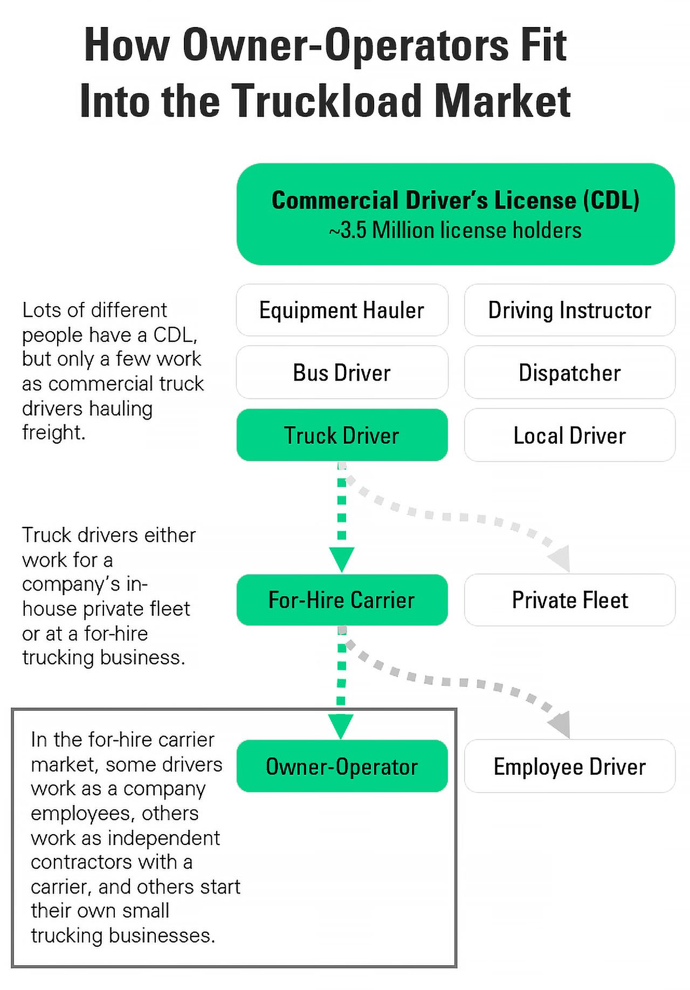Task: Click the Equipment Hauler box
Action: [342, 311]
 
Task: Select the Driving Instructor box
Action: [569, 311]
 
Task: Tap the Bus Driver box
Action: [342, 373]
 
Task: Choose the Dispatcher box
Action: [569, 373]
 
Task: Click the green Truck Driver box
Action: [342, 435]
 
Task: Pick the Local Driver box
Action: [569, 435]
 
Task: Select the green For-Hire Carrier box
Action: [342, 600]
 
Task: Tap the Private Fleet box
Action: [569, 600]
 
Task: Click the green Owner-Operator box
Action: [342, 766]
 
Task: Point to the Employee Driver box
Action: [569, 766]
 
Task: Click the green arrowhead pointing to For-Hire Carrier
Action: [342, 558]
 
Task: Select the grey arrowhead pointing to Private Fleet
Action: [561, 559]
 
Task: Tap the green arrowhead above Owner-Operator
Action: [341, 725]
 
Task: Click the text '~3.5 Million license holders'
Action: [456, 231]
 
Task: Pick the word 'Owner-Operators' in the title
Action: [345, 45]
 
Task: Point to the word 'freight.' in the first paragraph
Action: [54, 433]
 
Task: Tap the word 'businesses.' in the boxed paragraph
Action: [162, 936]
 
